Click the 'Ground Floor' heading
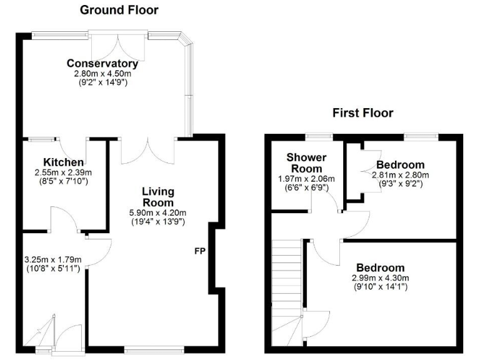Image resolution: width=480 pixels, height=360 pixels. [x=119, y=10]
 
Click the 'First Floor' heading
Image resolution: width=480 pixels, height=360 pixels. [x=362, y=113]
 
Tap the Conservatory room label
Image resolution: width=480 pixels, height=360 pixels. [x=102, y=63]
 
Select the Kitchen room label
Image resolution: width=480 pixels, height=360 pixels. [x=60, y=162]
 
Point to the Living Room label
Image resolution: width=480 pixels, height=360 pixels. [x=157, y=197]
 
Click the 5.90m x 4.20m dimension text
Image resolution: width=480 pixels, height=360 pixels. [x=157, y=212]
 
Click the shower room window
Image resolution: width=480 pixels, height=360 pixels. [x=319, y=136]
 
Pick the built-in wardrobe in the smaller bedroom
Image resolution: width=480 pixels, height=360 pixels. [x=354, y=172]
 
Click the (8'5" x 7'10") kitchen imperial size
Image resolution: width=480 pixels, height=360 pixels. [x=60, y=181]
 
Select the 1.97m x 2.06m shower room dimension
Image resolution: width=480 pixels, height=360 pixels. [x=307, y=179]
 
